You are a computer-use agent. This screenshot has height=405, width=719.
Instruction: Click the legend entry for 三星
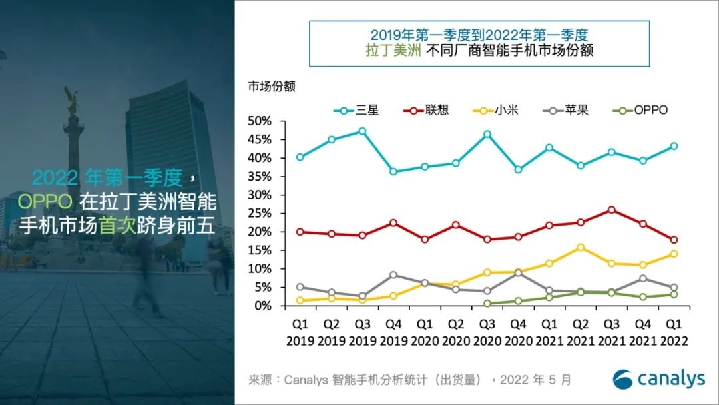click(359, 111)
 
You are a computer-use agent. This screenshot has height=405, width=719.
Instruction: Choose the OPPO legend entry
click(641, 111)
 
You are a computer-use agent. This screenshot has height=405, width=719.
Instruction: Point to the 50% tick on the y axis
click(259, 121)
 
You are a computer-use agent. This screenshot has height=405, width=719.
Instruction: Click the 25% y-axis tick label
click(259, 214)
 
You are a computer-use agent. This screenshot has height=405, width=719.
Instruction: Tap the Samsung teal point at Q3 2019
click(362, 131)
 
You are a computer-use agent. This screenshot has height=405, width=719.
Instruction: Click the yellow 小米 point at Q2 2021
click(581, 247)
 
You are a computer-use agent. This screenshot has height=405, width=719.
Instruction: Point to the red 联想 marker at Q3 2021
click(612, 210)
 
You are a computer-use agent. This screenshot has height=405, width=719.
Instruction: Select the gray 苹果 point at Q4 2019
click(393, 275)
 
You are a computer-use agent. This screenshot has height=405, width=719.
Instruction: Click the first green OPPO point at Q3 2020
click(487, 304)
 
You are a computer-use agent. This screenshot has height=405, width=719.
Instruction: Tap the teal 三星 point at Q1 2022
click(674, 146)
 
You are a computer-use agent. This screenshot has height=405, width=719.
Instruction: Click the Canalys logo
click(658, 379)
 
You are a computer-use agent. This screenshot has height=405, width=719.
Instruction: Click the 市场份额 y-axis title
click(272, 87)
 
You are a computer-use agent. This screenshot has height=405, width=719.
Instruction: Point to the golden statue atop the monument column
click(71, 100)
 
